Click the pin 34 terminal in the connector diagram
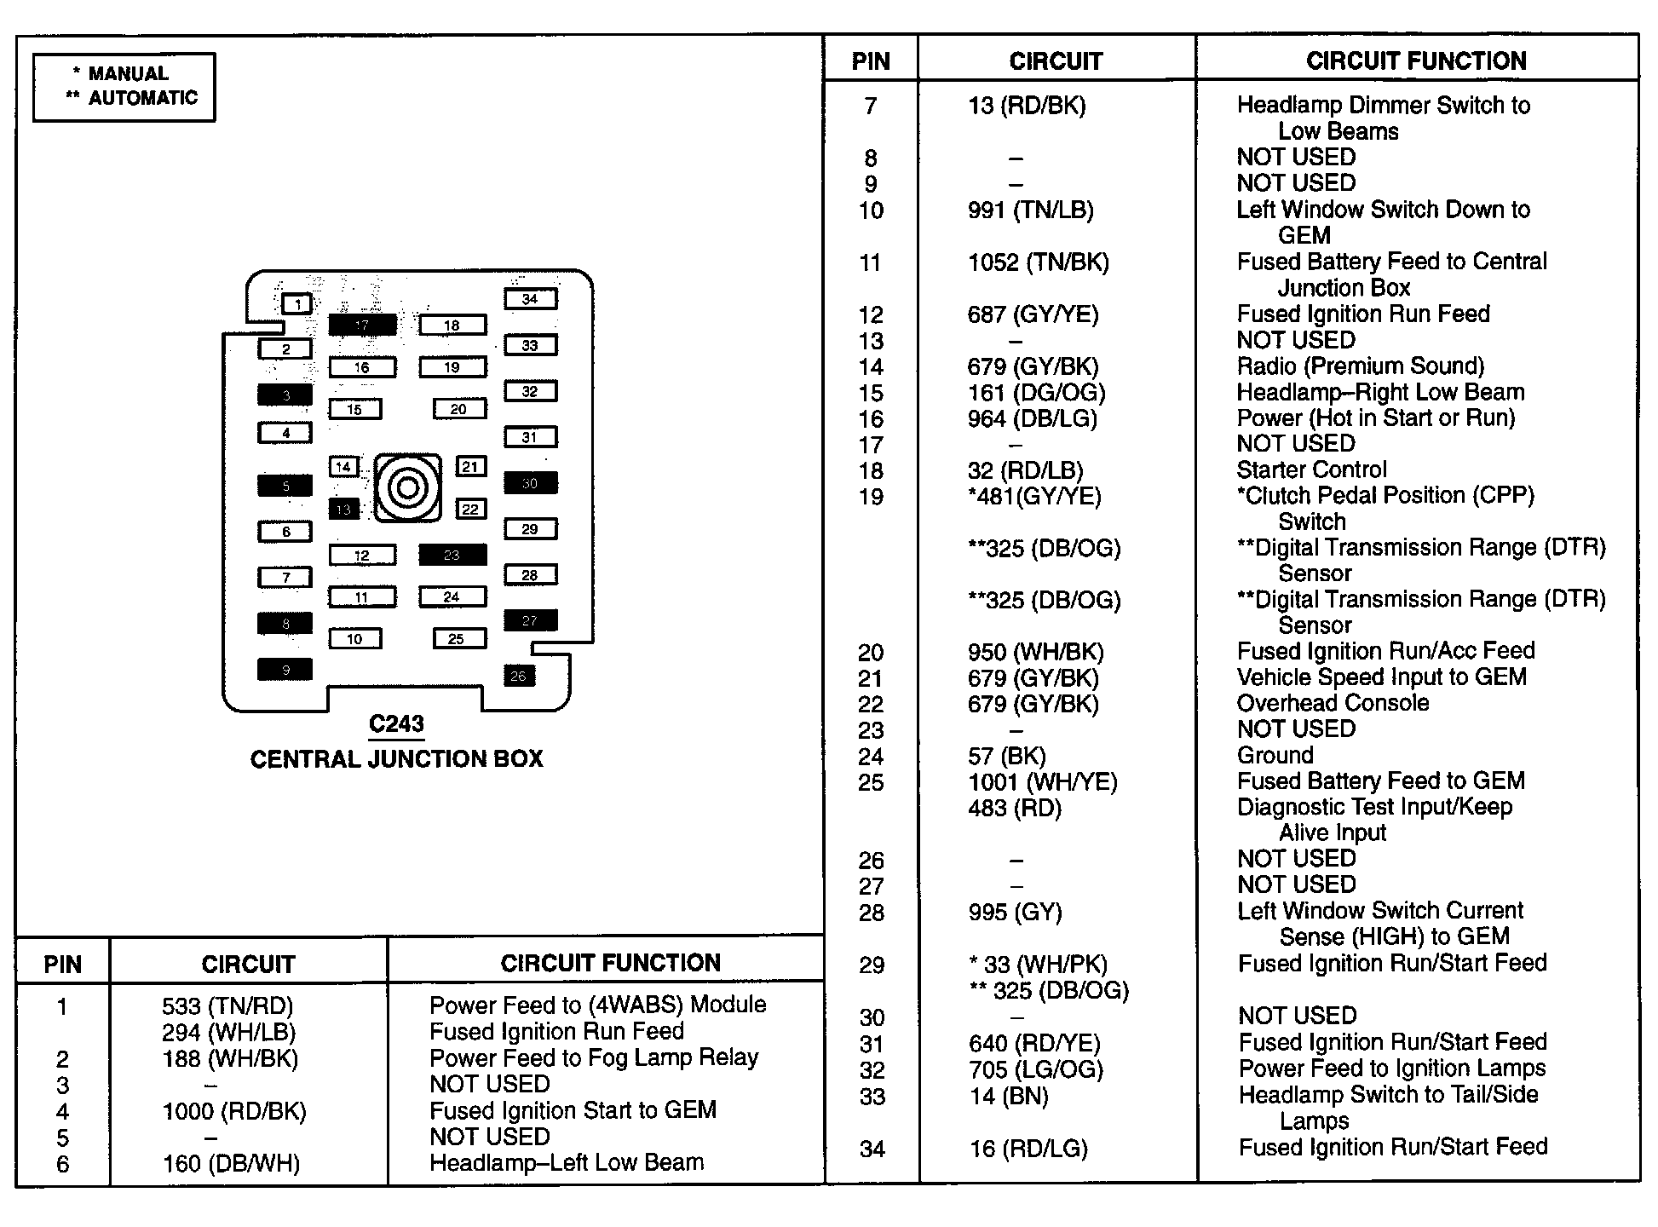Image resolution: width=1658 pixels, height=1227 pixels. pos(530,299)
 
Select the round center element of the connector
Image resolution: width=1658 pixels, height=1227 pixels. pos(407,488)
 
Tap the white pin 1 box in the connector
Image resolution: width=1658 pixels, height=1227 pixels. pos(297,304)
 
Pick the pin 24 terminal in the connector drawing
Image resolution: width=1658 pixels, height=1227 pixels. pos(452,597)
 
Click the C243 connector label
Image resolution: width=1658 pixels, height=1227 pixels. pos(396,724)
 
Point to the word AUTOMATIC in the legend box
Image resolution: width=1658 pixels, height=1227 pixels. pos(142,98)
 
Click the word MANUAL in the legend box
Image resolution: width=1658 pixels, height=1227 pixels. pos(129,74)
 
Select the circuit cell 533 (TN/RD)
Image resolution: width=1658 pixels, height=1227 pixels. pos(227,1006)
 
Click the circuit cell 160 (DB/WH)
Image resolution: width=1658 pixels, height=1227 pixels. pos(231,1164)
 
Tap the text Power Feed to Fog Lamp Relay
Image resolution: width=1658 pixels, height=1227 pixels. pos(594,1058)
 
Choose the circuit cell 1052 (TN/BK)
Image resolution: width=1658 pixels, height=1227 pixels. pos(1038,262)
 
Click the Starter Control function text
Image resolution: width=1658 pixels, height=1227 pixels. pos(1311,470)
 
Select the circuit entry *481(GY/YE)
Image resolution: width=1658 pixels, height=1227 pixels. pos(1034,497)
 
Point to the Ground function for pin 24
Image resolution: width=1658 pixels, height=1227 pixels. pos(1275,756)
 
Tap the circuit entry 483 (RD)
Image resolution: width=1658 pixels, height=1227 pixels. pos(1014,809)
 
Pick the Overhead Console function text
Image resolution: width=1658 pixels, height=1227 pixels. pos(1333,704)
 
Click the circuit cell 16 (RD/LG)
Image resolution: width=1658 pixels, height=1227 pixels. pos(1028,1149)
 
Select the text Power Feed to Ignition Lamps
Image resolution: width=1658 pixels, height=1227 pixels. pos(1391,1069)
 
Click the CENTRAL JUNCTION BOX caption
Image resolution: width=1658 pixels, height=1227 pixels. pos(396,759)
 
